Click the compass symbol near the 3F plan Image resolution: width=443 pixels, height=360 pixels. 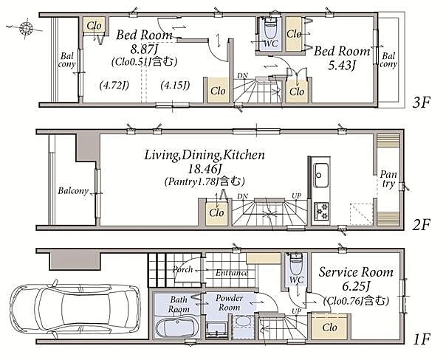pyautogui.click(x=26, y=29)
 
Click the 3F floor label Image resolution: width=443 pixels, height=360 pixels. pyautogui.click(x=421, y=103)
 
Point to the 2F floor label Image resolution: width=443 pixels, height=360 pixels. pyautogui.click(x=421, y=225)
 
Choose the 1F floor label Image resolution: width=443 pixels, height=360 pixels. pyautogui.click(x=422, y=339)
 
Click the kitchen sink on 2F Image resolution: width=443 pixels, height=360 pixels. pyautogui.click(x=321, y=175)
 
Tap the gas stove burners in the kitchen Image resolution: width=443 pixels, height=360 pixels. pyautogui.click(x=321, y=212)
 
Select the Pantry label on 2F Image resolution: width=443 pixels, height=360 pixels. pyautogui.click(x=388, y=179)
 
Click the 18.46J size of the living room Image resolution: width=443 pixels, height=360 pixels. pyautogui.click(x=204, y=169)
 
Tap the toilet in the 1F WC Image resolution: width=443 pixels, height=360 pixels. pyautogui.click(x=296, y=264)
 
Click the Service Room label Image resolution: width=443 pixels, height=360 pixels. pyautogui.click(x=356, y=272)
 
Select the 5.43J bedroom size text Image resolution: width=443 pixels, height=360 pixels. pyautogui.click(x=341, y=66)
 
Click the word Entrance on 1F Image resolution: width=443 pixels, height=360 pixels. pyautogui.click(x=232, y=273)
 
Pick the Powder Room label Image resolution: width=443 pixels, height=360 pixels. pyautogui.click(x=229, y=302)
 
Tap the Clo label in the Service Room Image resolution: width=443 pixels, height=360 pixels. pyautogui.click(x=329, y=328)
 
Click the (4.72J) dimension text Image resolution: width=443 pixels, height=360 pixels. pyautogui.click(x=114, y=85)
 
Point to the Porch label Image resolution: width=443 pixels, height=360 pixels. pyautogui.click(x=183, y=269)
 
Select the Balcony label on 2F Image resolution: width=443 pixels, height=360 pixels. pyautogui.click(x=73, y=191)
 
